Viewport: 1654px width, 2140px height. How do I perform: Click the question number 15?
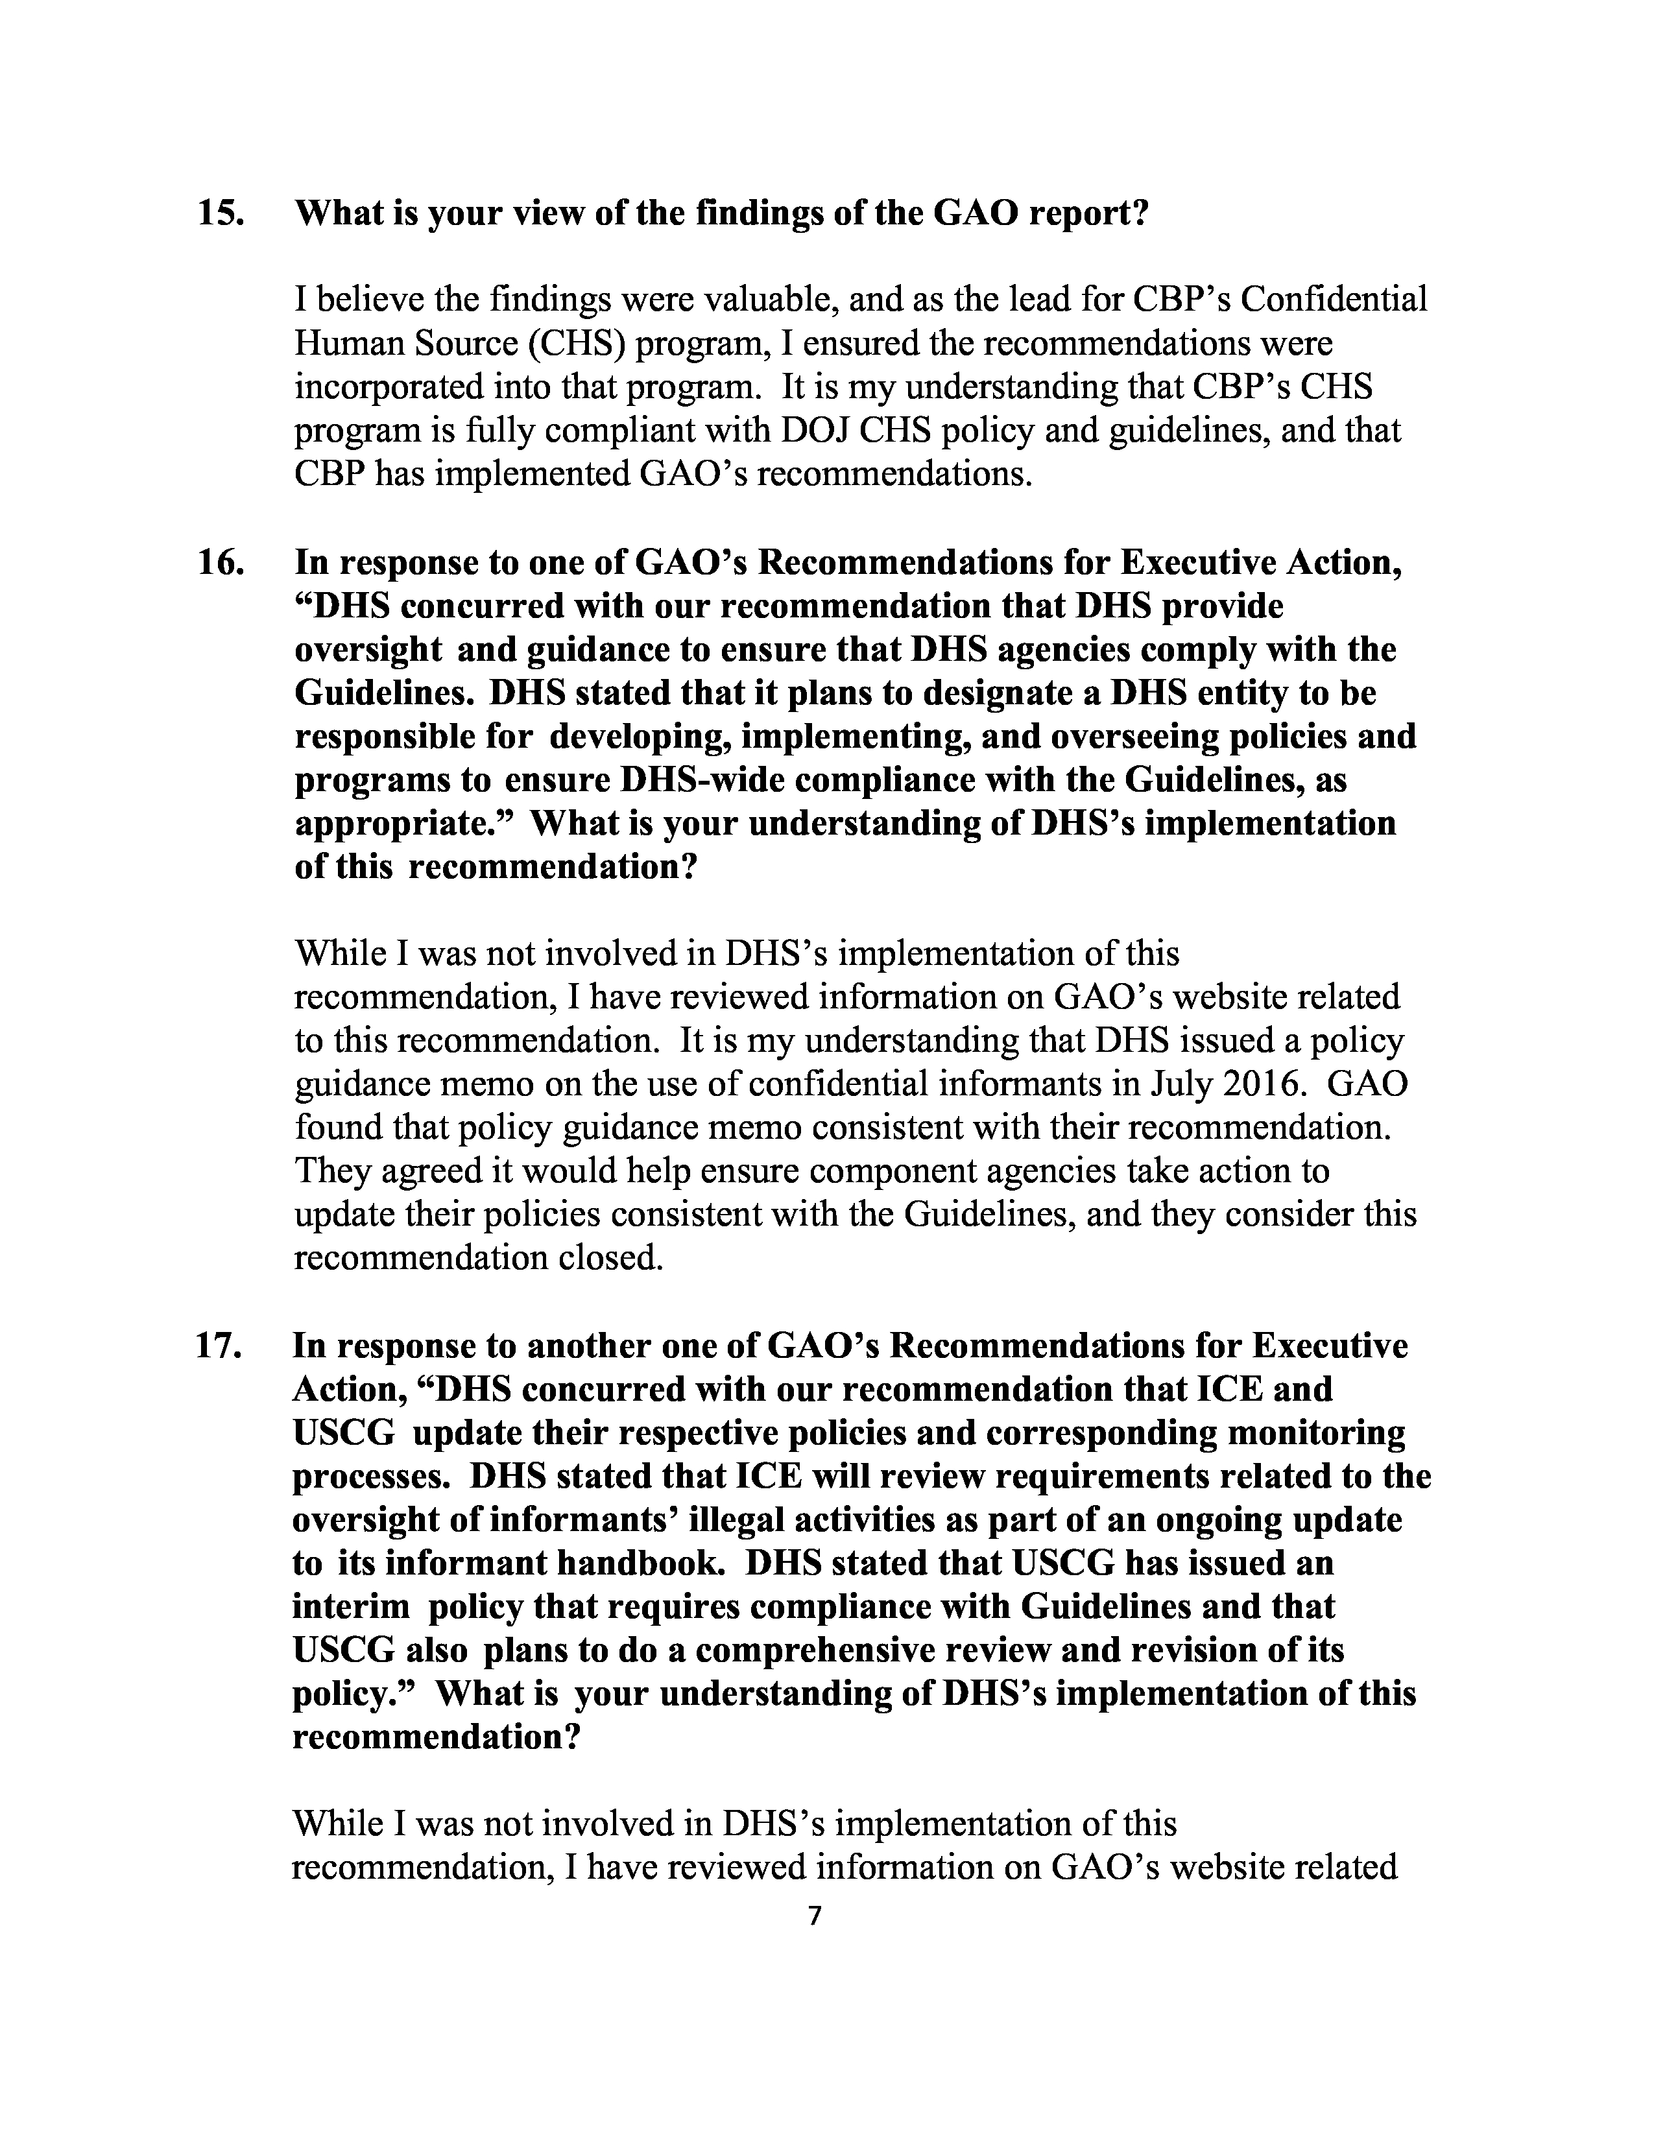[221, 213]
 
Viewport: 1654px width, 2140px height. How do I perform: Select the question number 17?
[219, 1346]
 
